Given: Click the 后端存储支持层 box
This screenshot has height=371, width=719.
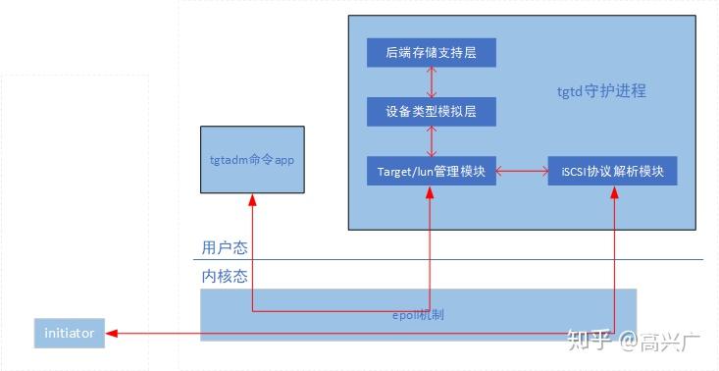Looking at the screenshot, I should click(431, 52).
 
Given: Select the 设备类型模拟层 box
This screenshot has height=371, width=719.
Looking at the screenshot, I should click(431, 112).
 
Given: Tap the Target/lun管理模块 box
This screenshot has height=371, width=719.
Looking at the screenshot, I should click(431, 171).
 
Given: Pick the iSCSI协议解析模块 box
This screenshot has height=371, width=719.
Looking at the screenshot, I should click(612, 171).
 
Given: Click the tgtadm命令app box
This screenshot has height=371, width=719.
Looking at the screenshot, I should click(252, 158).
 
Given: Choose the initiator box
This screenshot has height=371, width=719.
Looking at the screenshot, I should click(69, 333).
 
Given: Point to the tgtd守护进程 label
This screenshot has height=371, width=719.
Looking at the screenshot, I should click(601, 91).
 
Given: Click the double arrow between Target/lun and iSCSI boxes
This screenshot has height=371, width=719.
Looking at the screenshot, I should click(522, 172).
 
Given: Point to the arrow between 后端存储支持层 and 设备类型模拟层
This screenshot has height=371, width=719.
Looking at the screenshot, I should click(431, 81).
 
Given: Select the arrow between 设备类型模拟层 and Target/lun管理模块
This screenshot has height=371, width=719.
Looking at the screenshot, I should click(431, 141).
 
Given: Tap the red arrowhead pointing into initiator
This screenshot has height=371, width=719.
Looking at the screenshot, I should click(110, 333).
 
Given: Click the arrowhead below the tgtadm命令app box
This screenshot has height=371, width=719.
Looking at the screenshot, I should click(252, 199).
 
